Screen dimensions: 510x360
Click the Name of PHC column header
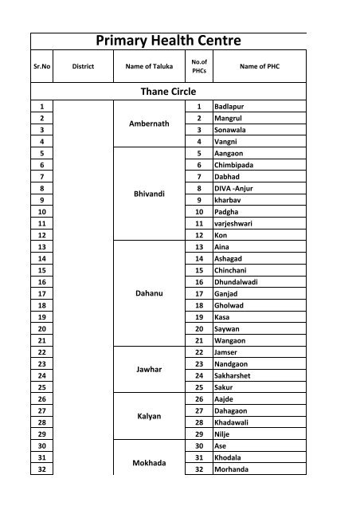point(258,67)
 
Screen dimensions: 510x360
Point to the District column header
point(83,67)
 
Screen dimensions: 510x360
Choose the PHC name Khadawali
point(234,420)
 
